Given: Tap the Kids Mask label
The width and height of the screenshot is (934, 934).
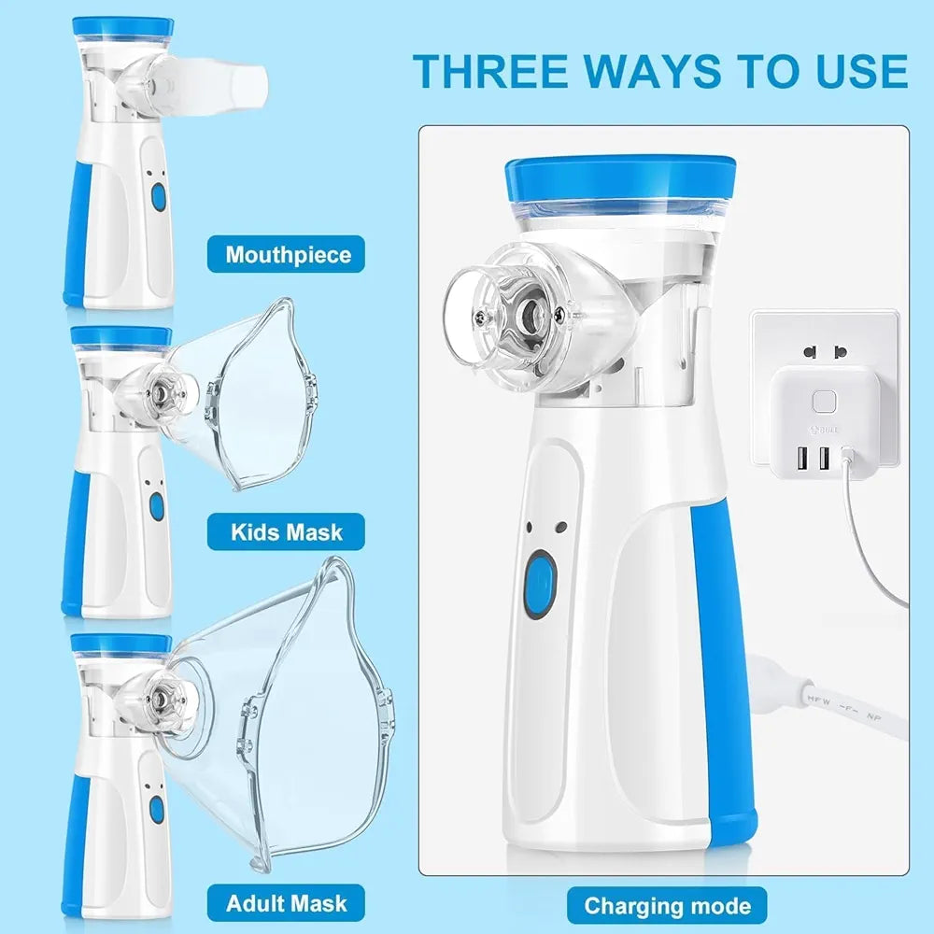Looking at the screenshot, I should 287,532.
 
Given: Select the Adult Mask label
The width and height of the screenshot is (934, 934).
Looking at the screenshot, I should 287,903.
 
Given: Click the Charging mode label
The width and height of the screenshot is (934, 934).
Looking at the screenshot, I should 667,905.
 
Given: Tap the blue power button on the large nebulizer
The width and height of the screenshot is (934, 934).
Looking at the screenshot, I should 540,586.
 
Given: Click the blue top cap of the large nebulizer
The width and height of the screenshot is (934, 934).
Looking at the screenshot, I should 620,180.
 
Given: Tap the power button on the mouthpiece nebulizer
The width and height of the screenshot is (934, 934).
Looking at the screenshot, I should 158,198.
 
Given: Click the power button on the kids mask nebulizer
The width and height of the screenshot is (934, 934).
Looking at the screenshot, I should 157,506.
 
